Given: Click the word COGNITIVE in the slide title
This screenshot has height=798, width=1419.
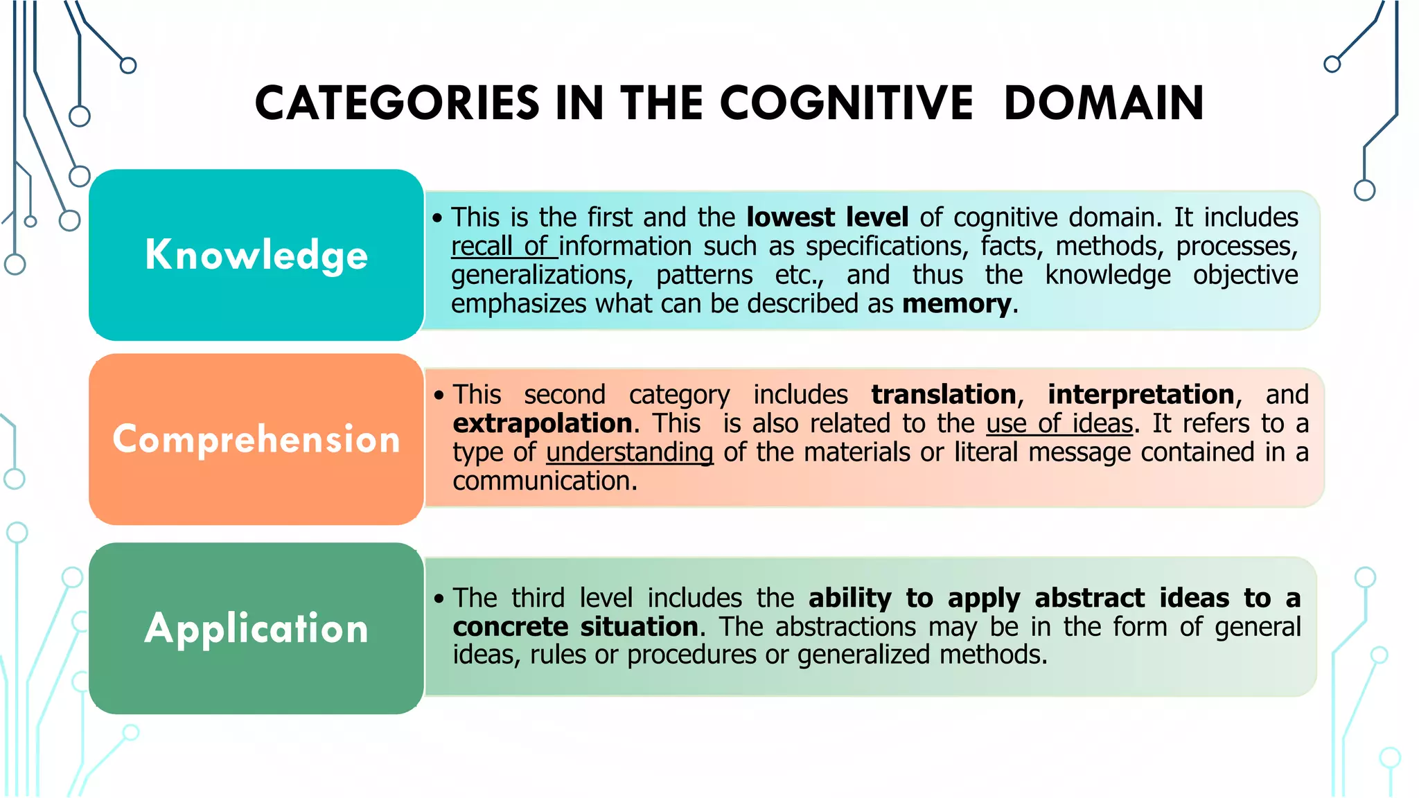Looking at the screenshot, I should [x=847, y=103].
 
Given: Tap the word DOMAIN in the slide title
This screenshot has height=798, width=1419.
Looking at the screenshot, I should [x=1104, y=103].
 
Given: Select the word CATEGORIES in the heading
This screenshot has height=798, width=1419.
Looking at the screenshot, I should [x=397, y=103].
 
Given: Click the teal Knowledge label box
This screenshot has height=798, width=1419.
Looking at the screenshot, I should [x=256, y=255].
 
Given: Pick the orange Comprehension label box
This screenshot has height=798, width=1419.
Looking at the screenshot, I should [x=256, y=439].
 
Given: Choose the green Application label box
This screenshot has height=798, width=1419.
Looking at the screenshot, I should [x=256, y=628].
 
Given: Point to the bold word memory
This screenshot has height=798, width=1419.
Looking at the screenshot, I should [x=957, y=304].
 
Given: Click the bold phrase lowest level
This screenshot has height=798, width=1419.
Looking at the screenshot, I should [x=827, y=218].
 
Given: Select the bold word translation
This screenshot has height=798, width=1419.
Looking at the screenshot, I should [x=944, y=395].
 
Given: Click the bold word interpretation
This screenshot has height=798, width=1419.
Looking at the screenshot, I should [x=1141, y=395].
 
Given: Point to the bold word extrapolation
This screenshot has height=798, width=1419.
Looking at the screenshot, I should [x=543, y=423].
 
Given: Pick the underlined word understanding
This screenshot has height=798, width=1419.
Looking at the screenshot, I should [x=630, y=452].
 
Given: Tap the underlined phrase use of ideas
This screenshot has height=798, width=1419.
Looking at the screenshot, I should [x=1060, y=423].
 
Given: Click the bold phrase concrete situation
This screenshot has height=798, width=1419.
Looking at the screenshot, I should [x=576, y=627].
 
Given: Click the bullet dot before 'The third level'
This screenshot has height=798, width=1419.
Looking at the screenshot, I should [x=439, y=598].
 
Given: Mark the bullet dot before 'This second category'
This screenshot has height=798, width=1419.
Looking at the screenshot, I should [x=439, y=396].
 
